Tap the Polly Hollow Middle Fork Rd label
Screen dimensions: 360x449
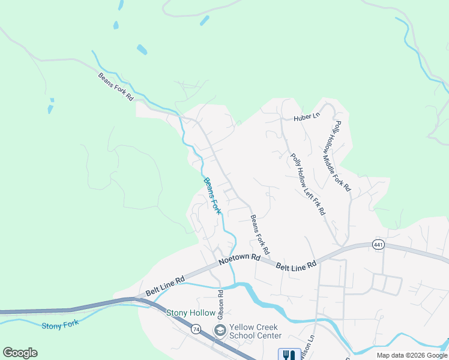342,156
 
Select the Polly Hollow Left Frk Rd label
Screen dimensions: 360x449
308,184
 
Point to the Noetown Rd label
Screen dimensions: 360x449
239,259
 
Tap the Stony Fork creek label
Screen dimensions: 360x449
60,326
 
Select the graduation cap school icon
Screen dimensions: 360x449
220,331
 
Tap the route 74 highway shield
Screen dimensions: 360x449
196,329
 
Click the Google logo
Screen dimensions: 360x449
20,353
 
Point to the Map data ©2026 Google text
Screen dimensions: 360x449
412,355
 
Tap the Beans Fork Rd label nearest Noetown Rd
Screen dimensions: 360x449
260,234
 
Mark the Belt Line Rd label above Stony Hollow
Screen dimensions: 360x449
164,285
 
